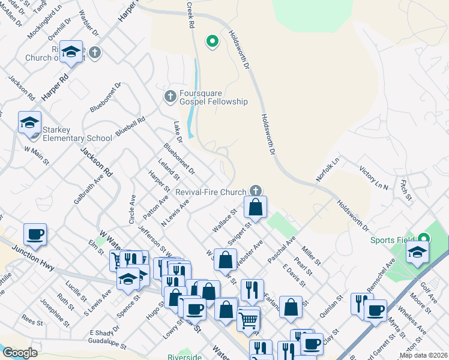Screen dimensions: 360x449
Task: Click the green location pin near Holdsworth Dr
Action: click(x=211, y=41)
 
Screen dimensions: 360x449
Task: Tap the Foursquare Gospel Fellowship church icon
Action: click(x=170, y=96)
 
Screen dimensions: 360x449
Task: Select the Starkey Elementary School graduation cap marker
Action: click(x=29, y=124)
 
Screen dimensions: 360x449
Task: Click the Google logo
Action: click(x=20, y=353)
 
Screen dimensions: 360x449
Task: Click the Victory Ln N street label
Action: click(x=373, y=178)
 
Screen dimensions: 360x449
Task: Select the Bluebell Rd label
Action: click(x=131, y=128)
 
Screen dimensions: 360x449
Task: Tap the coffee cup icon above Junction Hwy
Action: click(x=35, y=235)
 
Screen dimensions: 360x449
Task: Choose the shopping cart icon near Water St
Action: click(x=247, y=320)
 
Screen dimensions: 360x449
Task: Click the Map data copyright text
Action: click(x=423, y=355)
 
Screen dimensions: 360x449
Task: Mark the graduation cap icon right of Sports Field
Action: click(x=417, y=253)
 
